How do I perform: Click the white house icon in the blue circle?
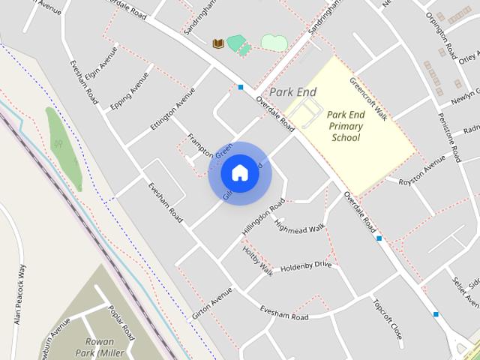point(239,173)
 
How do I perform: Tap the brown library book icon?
point(218,44)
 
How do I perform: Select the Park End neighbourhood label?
point(293,92)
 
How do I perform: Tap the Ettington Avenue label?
point(167,109)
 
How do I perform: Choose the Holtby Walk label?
point(257,262)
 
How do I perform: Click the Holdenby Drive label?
point(306,266)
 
